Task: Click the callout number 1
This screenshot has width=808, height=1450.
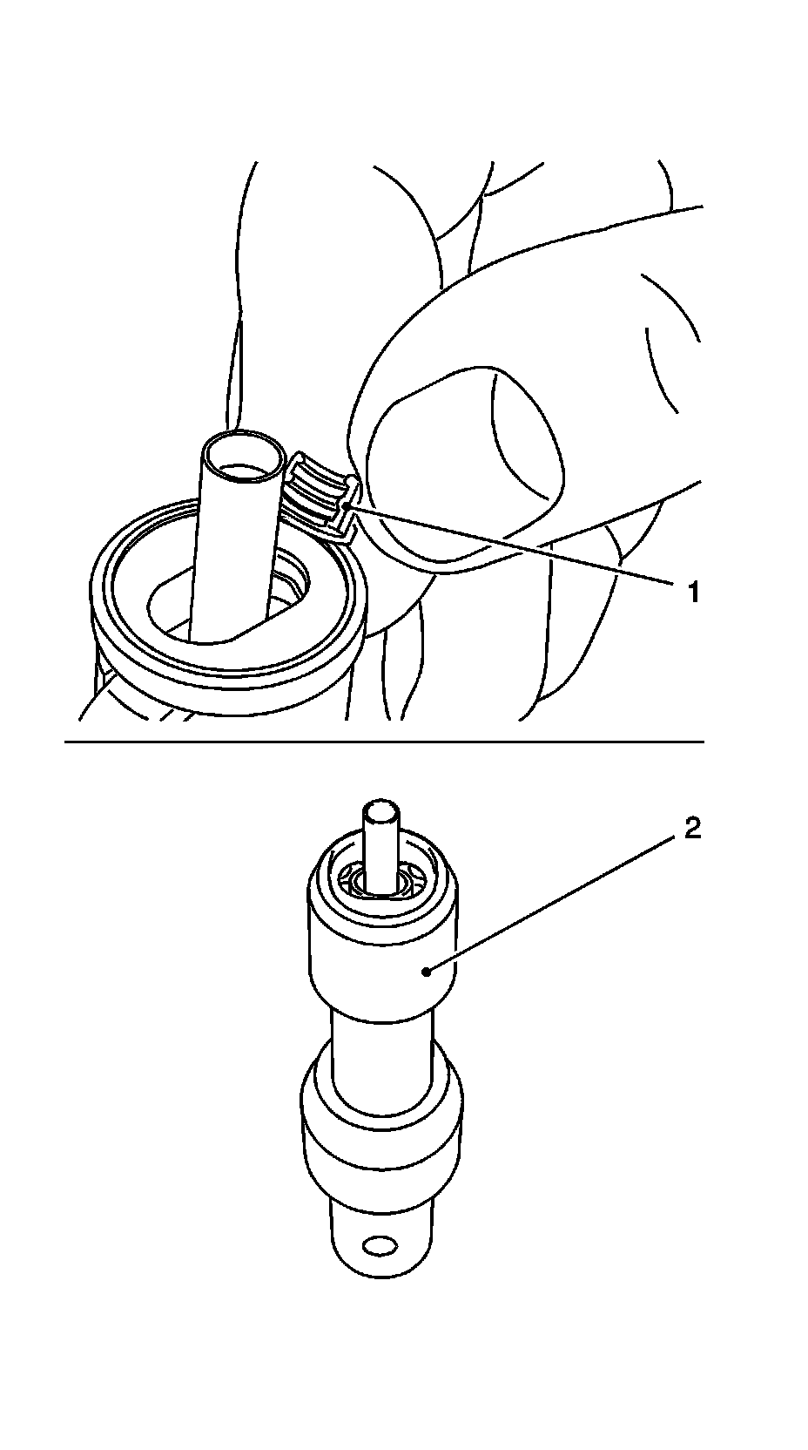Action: pyautogui.click(x=694, y=593)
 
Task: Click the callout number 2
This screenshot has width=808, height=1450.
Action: pyautogui.click(x=692, y=829)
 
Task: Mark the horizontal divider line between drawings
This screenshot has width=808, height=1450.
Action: pyautogui.click(x=383, y=742)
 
